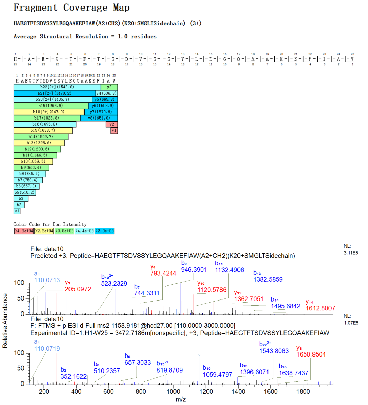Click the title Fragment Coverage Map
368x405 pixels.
point(72,8)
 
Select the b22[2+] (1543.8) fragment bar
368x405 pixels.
point(57,87)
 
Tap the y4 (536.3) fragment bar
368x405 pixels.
point(107,93)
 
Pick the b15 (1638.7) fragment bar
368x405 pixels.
point(43,130)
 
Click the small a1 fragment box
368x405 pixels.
point(17,211)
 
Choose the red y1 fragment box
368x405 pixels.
point(114,130)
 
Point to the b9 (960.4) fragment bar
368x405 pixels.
point(31,168)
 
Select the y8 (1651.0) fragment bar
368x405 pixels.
point(99,118)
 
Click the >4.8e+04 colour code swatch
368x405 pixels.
point(24,231)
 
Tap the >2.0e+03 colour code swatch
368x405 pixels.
point(105,231)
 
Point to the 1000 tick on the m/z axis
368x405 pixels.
point(173,391)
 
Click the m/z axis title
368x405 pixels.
point(181,399)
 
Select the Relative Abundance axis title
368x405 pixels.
point(5,321)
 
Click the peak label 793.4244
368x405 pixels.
point(163,273)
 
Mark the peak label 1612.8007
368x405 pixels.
point(320,308)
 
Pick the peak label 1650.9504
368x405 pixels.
point(311,354)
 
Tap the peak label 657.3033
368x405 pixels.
point(138,362)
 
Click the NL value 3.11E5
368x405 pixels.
point(351,253)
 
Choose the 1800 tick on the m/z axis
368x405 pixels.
point(303,391)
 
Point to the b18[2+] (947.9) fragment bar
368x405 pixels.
point(49,112)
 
